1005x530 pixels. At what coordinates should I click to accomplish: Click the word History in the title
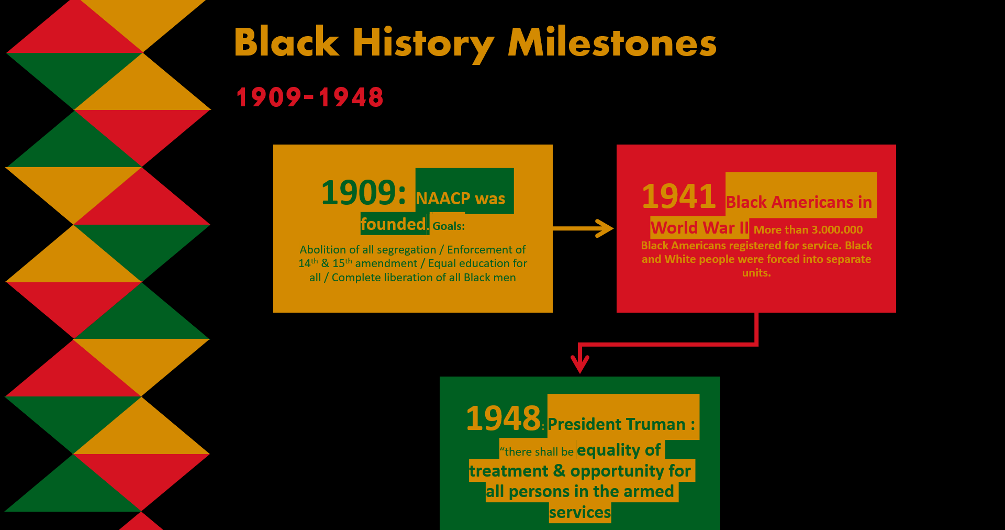coord(423,45)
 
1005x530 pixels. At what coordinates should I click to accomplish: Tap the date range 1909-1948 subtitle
coord(310,97)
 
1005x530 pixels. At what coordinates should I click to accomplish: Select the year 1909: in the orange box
coord(363,192)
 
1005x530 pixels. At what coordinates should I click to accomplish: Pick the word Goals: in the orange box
coord(449,226)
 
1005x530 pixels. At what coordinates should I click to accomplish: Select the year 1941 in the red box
coord(679,196)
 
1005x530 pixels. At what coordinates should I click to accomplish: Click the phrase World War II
coord(700,228)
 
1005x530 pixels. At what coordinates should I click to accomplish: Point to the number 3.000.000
coord(837,229)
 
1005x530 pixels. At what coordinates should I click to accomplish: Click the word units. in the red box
coord(756,272)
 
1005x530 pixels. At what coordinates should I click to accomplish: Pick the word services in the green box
coord(580,512)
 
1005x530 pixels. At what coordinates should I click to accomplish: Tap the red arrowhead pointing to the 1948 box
coord(580,363)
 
